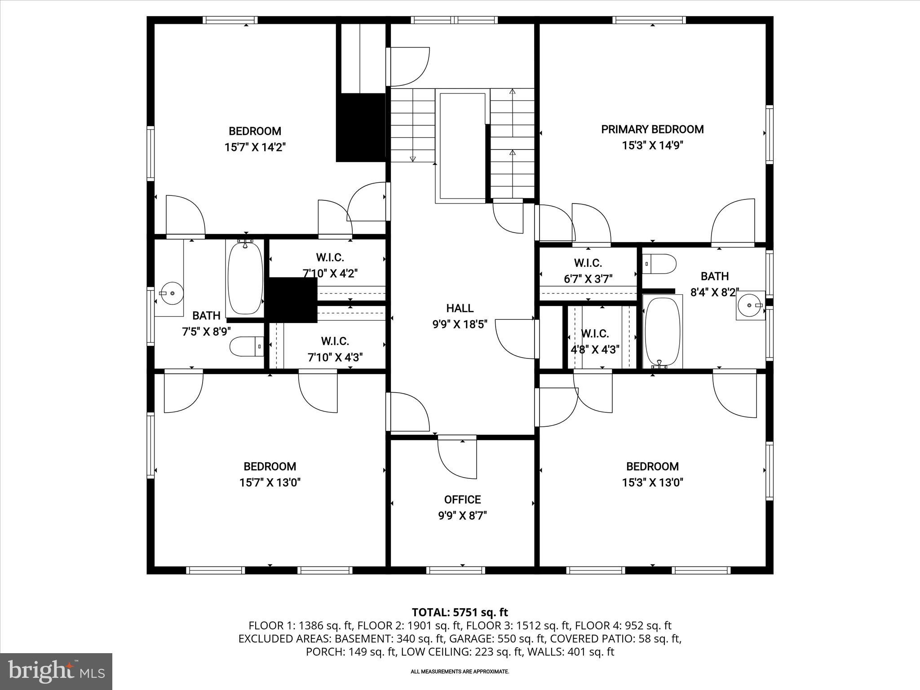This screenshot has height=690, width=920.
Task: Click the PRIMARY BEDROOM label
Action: point(652,129)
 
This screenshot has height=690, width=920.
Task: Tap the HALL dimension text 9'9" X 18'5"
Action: point(460,324)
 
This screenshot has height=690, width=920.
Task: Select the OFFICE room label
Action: point(462,500)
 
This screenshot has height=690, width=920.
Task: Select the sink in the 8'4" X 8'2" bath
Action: point(750,305)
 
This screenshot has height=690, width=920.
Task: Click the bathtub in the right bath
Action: point(662,331)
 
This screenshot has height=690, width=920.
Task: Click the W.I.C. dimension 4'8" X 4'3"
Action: point(595,349)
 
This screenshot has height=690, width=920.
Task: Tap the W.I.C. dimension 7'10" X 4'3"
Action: point(335,358)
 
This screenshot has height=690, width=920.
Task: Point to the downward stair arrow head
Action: point(413,158)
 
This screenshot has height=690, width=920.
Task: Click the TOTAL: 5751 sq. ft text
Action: point(460,612)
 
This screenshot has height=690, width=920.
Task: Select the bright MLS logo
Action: point(56,671)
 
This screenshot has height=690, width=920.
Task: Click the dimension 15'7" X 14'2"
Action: point(255,147)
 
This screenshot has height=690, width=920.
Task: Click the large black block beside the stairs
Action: point(361,127)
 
